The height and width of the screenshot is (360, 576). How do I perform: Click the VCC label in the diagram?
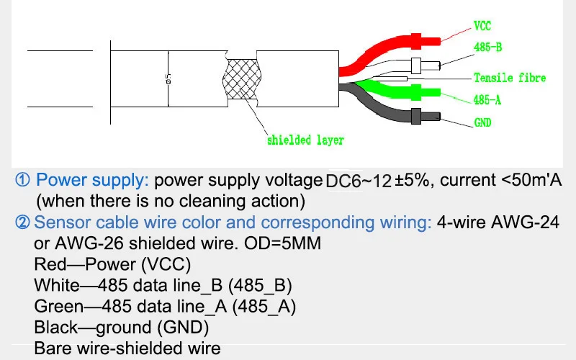482,26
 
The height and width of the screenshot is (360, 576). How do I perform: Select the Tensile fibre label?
510,78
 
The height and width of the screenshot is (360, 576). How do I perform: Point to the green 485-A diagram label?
487,100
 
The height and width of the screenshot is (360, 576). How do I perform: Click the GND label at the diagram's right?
482,123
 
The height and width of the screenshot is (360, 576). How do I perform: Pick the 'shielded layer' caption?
305,140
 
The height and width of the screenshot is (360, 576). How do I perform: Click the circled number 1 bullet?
22,180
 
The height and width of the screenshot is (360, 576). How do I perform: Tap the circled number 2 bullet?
22,222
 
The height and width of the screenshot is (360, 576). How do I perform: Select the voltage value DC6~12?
359,181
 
